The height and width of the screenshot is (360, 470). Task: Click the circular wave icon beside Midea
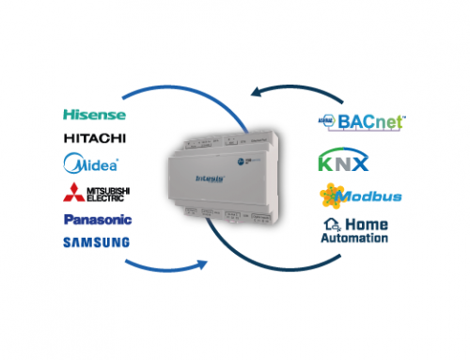pyautogui.click(x=73, y=164)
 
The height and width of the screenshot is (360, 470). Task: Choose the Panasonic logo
pyautogui.click(x=97, y=220)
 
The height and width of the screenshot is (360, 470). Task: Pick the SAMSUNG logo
pyautogui.click(x=97, y=243)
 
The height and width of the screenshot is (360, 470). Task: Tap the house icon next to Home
pyautogui.click(x=332, y=225)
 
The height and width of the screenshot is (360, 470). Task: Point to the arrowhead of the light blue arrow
pyautogui.click(x=200, y=267)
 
